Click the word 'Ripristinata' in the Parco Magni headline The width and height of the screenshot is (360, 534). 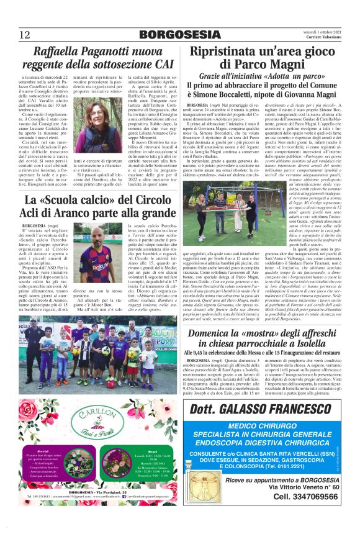(x=229, y=52)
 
